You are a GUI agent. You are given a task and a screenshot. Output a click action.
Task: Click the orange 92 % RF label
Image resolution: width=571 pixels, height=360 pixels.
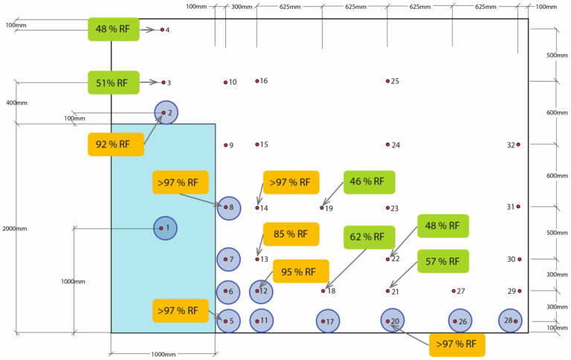click(x=115, y=144)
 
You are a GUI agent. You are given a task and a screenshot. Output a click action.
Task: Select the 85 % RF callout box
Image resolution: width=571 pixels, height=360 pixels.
click(x=291, y=234)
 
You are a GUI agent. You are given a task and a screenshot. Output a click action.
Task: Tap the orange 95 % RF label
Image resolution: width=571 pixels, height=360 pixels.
click(x=300, y=271)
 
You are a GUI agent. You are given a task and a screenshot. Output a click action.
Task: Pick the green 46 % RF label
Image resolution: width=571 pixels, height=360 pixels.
click(x=369, y=181)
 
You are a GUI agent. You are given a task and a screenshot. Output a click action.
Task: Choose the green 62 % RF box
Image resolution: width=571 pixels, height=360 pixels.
click(x=369, y=237)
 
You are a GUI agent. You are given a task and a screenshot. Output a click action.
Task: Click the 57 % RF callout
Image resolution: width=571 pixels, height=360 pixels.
click(x=443, y=261)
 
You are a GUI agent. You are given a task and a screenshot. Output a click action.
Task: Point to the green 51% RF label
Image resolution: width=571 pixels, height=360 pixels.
click(x=113, y=82)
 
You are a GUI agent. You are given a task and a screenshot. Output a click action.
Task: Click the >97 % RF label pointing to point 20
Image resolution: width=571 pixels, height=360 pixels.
click(x=457, y=344)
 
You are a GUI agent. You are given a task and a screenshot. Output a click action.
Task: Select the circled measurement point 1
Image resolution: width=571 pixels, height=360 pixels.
click(x=165, y=228)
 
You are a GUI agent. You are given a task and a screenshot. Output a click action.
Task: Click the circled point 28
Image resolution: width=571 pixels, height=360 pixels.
click(x=511, y=321)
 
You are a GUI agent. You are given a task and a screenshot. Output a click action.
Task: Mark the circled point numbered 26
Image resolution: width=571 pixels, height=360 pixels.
click(x=460, y=321)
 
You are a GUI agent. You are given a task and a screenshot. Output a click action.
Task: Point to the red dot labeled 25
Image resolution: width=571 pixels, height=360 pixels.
click(x=387, y=81)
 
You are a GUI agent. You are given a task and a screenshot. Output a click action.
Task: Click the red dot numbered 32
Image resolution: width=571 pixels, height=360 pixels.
click(x=518, y=144)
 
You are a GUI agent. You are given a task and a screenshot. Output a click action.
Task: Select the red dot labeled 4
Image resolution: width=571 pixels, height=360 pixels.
click(x=162, y=30)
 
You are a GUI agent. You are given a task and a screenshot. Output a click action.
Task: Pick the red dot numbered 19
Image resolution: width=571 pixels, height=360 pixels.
click(x=322, y=208)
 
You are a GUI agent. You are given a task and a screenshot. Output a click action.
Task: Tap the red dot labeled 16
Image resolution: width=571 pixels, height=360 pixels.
click(x=257, y=80)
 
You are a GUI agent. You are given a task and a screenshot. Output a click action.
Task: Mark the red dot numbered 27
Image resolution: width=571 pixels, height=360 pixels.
click(x=454, y=291)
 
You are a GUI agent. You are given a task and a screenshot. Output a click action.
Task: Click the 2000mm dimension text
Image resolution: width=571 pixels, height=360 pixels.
click(x=15, y=228)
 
